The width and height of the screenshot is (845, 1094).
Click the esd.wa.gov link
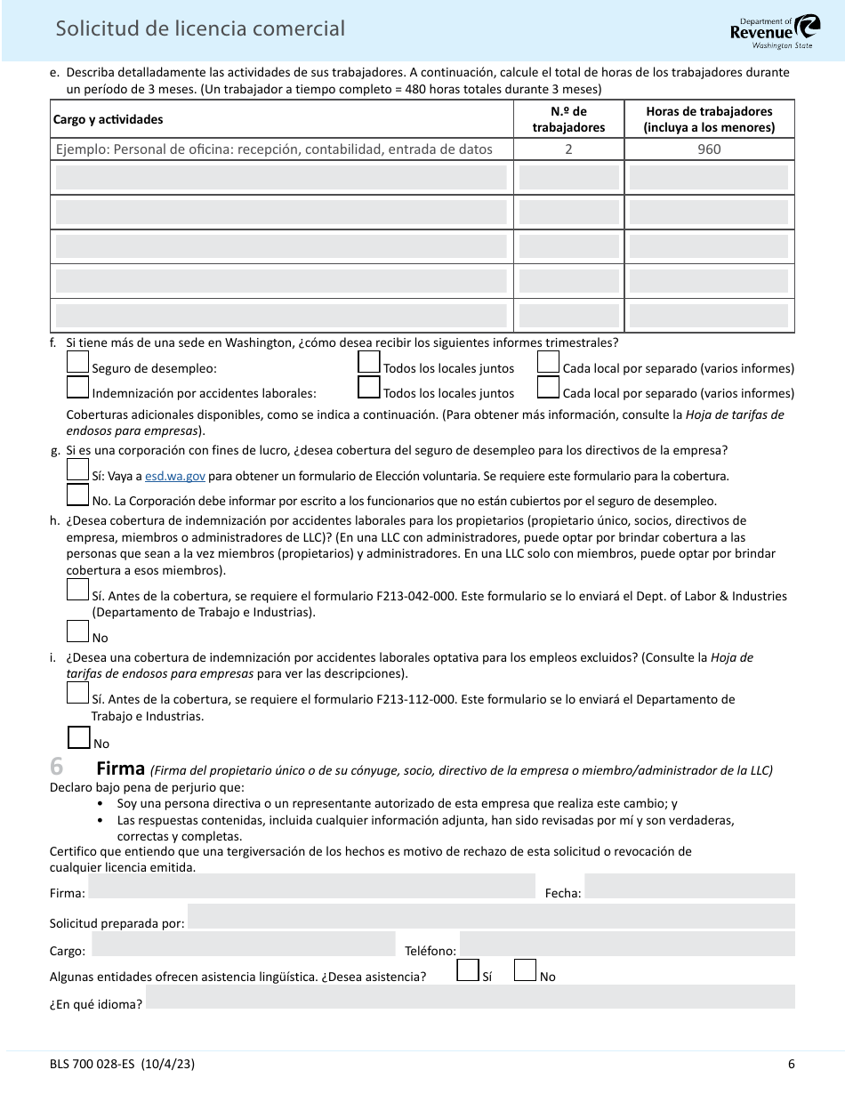(x=175, y=476)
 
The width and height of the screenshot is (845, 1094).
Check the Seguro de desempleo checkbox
(x=78, y=363)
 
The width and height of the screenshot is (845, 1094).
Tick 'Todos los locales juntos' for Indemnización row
(x=369, y=388)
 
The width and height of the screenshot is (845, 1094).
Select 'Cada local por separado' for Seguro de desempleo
(x=549, y=363)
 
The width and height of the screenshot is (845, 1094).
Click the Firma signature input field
(x=312, y=887)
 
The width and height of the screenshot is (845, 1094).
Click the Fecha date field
(x=689, y=887)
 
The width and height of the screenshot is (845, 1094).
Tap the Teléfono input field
(x=627, y=945)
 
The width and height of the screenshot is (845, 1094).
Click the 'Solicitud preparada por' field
(x=491, y=917)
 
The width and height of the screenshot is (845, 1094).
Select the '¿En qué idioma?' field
(x=471, y=997)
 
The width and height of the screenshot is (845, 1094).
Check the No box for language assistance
(x=526, y=969)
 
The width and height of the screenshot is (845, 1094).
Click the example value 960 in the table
(x=709, y=149)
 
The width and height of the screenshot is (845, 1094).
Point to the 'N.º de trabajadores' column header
(x=568, y=119)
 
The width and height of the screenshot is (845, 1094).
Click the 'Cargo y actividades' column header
(x=109, y=119)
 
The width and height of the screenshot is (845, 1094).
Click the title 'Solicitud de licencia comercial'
(x=200, y=28)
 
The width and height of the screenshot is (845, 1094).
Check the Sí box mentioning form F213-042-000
(x=78, y=590)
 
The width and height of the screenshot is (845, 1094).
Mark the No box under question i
(x=79, y=737)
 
